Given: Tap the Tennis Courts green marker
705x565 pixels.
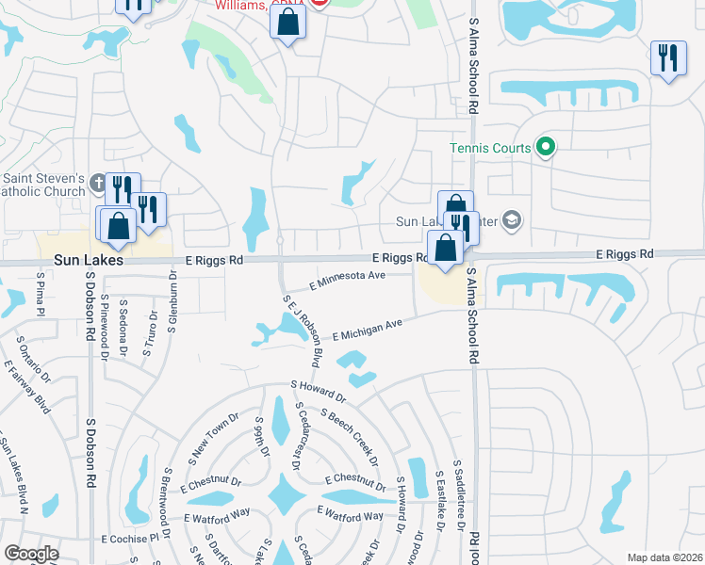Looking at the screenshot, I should [x=545, y=147].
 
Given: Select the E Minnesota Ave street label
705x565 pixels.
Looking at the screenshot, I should [x=349, y=279].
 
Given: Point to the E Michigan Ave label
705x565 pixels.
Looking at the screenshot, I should [x=368, y=327].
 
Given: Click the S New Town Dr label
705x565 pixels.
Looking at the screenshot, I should [x=206, y=433].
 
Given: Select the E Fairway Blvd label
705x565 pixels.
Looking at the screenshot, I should [x=27, y=386].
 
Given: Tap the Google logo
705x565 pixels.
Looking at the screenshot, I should [x=30, y=554].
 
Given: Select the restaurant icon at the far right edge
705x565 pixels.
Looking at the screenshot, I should [x=668, y=58].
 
